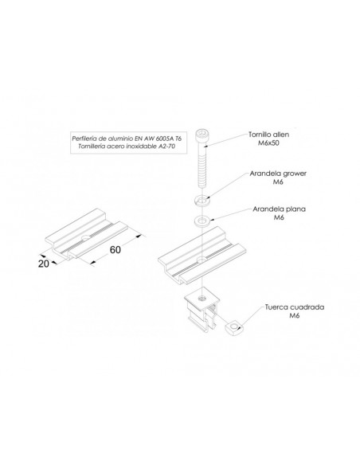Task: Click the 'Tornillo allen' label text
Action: [268, 135]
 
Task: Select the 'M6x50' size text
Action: [268, 143]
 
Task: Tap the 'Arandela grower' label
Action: [278, 174]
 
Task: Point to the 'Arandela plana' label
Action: [279, 209]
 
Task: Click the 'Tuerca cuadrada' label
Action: [295, 307]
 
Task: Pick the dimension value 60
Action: [115, 250]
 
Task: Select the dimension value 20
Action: [44, 264]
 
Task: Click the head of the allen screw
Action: [202, 135]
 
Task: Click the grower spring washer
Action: [202, 200]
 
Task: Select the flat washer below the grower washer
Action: [202, 221]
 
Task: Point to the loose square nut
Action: [235, 328]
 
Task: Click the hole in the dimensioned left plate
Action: [86, 237]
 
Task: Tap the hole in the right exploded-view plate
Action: [202, 260]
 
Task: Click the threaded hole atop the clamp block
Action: [202, 298]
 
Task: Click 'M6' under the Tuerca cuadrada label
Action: [295, 315]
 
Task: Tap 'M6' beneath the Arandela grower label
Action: [278, 182]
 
